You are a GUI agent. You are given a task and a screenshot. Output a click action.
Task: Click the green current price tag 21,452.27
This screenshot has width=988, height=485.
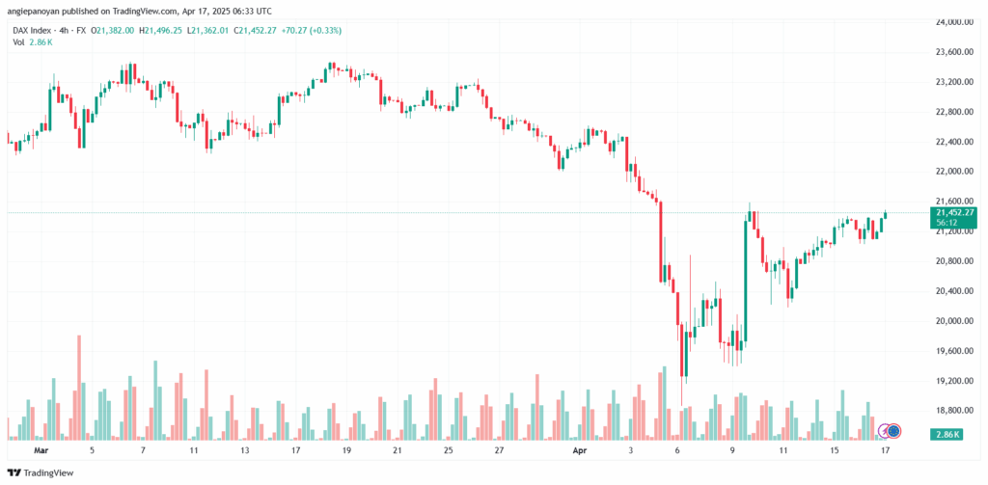pyautogui.click(x=954, y=212)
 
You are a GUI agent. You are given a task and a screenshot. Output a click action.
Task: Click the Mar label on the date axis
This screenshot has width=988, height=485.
pyautogui.click(x=41, y=450)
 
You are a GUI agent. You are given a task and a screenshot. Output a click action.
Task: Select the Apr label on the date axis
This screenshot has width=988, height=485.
pyautogui.click(x=580, y=450)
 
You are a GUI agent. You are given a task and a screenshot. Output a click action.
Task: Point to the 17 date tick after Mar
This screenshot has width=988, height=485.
pyautogui.click(x=295, y=450)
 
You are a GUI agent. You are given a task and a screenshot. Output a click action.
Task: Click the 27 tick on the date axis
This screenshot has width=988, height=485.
pyautogui.click(x=498, y=450)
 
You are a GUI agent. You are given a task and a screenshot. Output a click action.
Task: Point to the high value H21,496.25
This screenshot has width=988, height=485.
pyautogui.click(x=165, y=30)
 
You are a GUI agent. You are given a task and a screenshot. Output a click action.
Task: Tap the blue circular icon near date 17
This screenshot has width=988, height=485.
pyautogui.click(x=894, y=430)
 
